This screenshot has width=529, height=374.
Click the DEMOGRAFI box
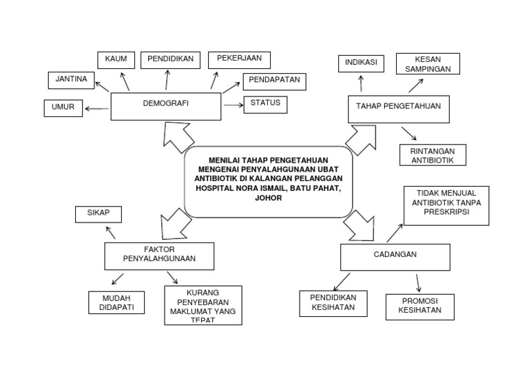(x=166, y=106)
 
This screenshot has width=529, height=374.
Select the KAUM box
(x=116, y=60)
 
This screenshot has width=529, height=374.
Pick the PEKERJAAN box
(x=239, y=60)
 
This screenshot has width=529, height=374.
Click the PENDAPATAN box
(x=273, y=81)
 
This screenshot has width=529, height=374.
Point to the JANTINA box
(x=71, y=80)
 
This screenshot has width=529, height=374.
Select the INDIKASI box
(x=362, y=63)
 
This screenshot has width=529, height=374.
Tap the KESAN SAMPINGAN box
(x=428, y=63)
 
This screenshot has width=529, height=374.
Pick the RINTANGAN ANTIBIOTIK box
(x=433, y=155)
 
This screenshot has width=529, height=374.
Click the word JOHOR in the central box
(x=268, y=197)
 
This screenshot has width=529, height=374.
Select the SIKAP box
(x=98, y=214)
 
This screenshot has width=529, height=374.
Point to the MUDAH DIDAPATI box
(x=116, y=302)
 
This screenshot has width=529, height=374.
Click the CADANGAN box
(x=395, y=257)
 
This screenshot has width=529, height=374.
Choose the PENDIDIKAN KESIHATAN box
(x=333, y=303)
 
